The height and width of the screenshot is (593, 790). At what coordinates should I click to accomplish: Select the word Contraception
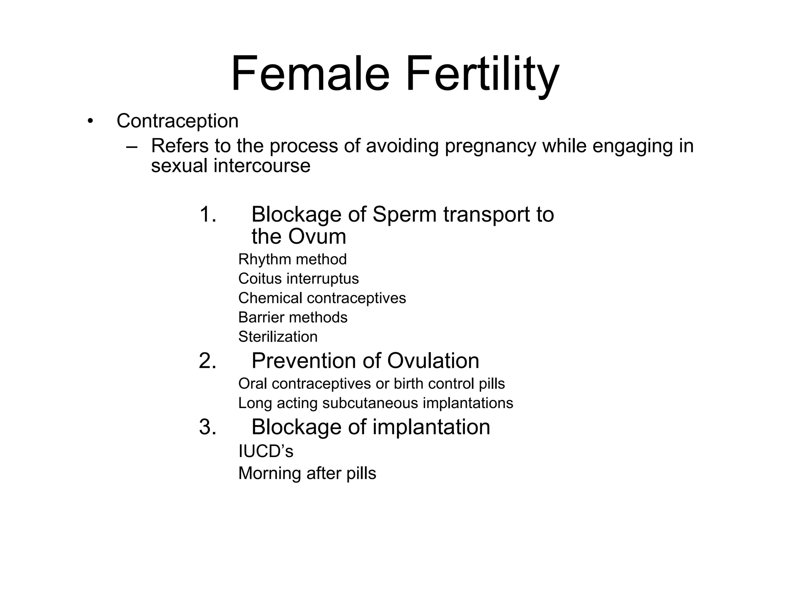tap(177, 121)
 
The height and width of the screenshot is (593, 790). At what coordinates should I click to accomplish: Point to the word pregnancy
tap(490, 146)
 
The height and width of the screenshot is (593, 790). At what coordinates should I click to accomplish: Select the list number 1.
tap(207, 214)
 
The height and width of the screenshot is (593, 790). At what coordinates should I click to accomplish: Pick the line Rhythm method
tap(292, 259)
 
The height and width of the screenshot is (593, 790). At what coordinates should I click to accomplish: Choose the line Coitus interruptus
tap(298, 279)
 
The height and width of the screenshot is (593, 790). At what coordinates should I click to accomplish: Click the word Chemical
tap(270, 298)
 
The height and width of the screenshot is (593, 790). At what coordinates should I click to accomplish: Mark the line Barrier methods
tap(293, 317)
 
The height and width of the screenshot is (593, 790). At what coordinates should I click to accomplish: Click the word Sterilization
tap(278, 337)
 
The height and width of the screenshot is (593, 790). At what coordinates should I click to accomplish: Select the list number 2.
tap(207, 361)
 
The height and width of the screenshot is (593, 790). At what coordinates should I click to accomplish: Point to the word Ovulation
tap(433, 361)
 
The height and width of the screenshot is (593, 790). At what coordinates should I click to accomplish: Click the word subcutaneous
tap(370, 403)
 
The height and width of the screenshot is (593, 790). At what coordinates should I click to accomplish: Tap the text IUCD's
tap(266, 451)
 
